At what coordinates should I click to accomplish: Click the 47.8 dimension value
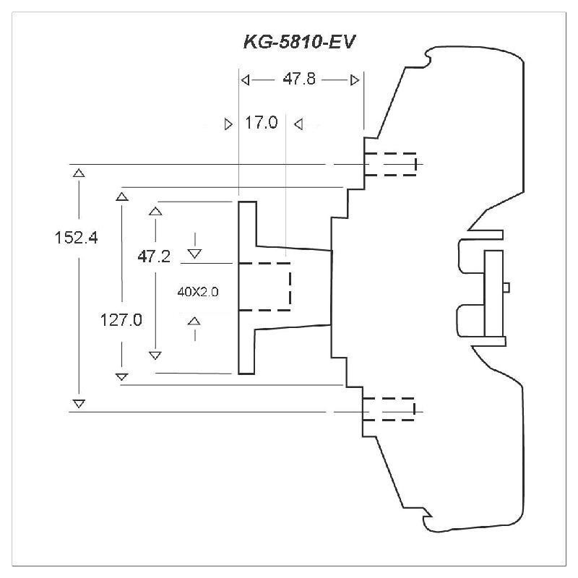click(298, 79)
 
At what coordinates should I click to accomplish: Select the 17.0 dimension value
click(261, 123)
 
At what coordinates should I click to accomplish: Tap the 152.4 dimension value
click(76, 237)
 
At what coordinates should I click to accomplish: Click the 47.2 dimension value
click(154, 256)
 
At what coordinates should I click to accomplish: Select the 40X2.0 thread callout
click(197, 292)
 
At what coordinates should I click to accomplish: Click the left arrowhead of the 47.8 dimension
click(245, 79)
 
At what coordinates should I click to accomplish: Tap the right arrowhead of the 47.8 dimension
click(354, 79)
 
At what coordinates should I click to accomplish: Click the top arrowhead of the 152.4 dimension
click(79, 172)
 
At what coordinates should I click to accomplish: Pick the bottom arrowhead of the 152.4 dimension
click(79, 402)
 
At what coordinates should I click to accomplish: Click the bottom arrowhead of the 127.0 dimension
click(121, 376)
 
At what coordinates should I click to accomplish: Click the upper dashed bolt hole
click(390, 164)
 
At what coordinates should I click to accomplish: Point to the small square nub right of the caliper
click(506, 287)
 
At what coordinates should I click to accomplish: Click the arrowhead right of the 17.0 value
click(298, 124)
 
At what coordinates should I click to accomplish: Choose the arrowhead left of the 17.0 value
click(229, 124)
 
